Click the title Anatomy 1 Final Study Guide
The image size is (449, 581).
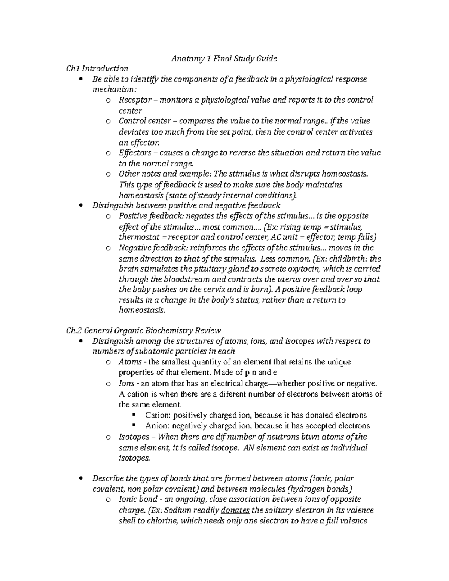click(224, 58)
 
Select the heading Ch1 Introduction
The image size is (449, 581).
click(97, 68)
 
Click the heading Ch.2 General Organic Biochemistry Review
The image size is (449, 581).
click(143, 330)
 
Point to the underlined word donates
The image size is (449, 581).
click(235, 510)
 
